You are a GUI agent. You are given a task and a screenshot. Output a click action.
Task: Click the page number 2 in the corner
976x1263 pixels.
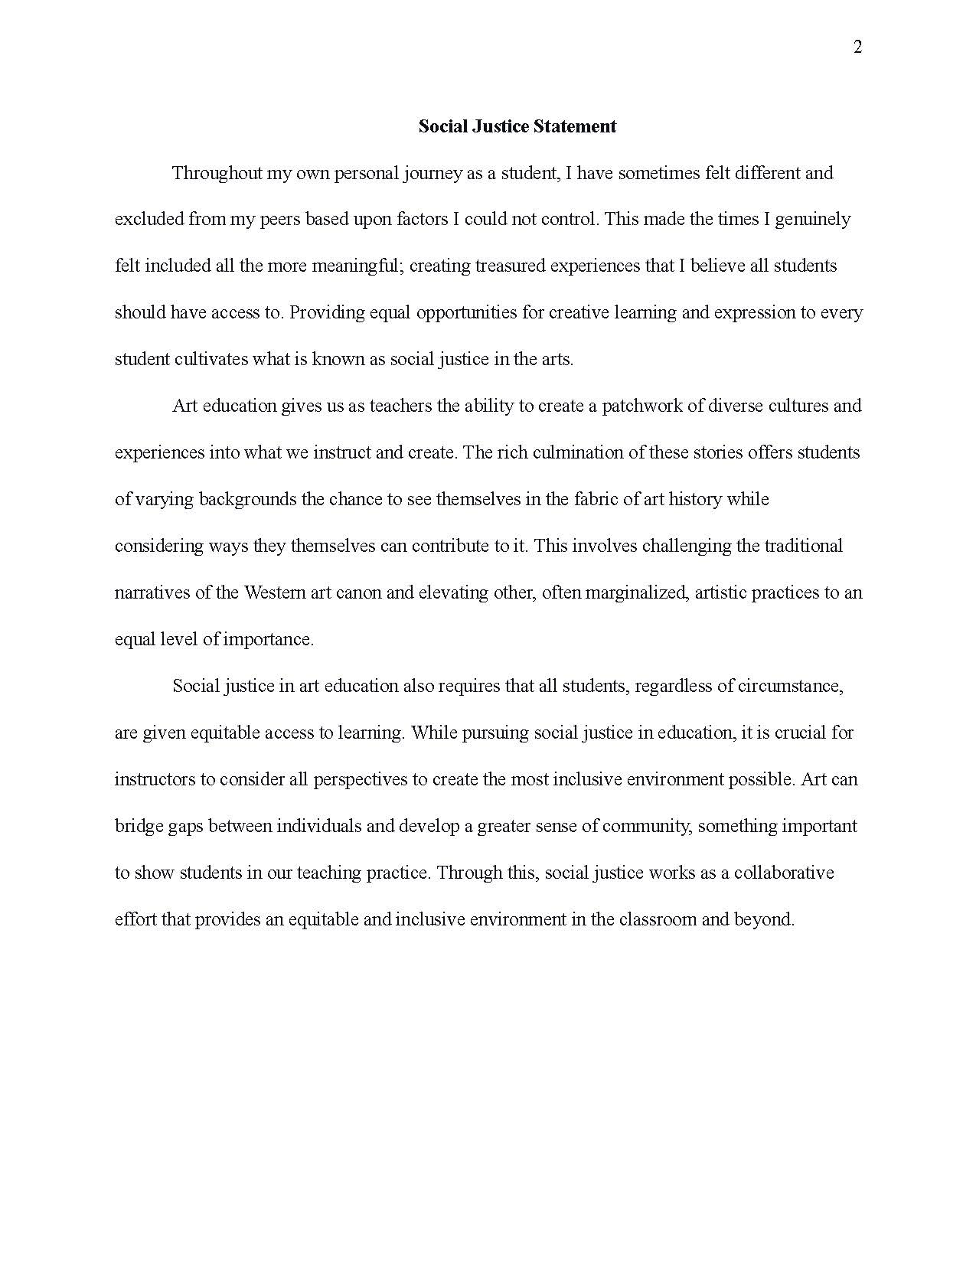click(857, 47)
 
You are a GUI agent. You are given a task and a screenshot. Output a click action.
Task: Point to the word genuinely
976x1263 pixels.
click(812, 220)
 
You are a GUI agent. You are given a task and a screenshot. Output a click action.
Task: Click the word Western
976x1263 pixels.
click(275, 592)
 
